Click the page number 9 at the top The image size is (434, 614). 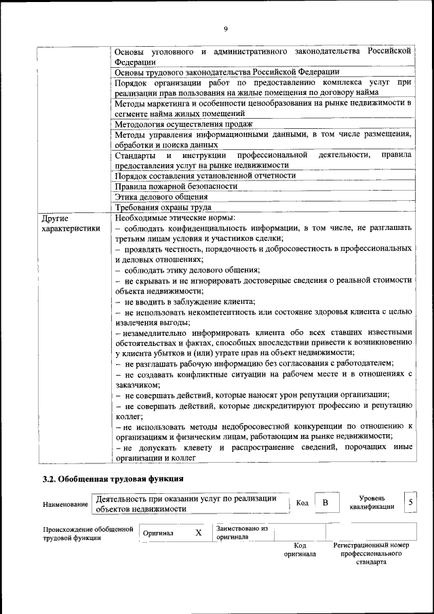tap(225, 28)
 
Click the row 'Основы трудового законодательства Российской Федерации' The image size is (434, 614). tap(227, 71)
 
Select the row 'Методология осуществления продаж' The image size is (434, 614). tap(184, 124)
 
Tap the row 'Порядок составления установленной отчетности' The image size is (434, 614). tap(205, 175)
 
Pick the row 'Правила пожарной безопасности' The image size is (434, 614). tap(176, 186)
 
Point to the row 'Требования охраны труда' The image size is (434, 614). tap(163, 208)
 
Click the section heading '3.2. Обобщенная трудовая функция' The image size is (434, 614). tap(113, 479)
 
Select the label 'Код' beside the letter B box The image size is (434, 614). tap(302, 503)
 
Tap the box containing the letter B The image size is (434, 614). tap(325, 503)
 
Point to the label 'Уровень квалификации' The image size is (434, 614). tap(373, 503)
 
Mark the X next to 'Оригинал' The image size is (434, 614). tap(199, 533)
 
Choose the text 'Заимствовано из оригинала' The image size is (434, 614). tap(242, 532)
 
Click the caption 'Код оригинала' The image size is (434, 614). tap(300, 550)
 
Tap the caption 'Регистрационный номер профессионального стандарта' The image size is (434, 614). tap(371, 554)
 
